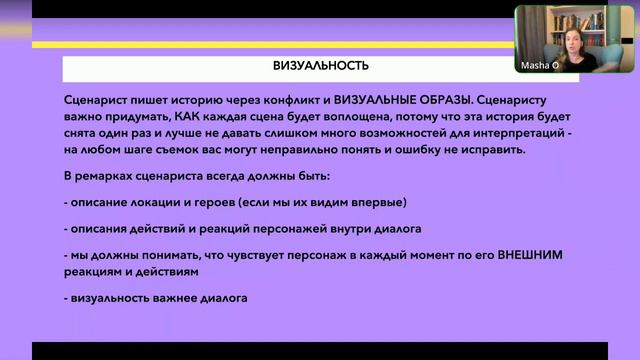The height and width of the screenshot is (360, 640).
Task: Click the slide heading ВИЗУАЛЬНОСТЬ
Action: click(x=321, y=67)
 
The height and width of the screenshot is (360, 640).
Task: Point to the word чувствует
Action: click(x=233, y=255)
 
